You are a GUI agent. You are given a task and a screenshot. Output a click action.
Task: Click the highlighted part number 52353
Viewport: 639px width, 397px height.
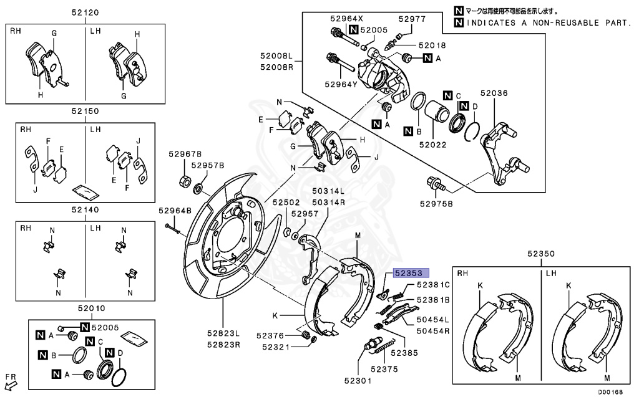[409, 273]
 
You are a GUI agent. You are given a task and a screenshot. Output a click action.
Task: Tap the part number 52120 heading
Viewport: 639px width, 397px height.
[85, 12]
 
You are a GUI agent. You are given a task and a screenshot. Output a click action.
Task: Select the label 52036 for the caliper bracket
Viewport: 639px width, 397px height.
[494, 93]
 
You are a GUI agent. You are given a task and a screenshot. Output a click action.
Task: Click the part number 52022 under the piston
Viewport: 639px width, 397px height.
[433, 145]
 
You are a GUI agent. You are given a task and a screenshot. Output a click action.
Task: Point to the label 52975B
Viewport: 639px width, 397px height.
[436, 204]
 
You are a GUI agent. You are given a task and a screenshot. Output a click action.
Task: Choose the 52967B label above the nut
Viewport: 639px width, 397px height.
[185, 154]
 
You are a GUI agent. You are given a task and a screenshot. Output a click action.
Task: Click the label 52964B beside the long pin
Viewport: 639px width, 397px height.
[175, 211]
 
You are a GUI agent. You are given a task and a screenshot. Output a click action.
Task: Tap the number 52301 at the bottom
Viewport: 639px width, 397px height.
[358, 381]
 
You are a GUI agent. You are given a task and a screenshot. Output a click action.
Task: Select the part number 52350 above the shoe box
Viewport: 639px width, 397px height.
[541, 254]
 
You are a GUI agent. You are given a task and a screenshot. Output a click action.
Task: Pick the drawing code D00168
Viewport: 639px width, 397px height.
[610, 393]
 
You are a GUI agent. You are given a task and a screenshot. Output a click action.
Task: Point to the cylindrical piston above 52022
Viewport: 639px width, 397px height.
[437, 110]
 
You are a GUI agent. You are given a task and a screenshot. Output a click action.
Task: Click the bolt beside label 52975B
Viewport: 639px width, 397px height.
[435, 183]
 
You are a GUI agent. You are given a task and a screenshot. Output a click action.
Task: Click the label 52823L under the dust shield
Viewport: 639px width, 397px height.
[223, 333]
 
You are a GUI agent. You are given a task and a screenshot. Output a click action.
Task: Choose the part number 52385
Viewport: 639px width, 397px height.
[404, 353]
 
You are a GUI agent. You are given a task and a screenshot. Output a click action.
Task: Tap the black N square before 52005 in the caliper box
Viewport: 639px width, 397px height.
[354, 30]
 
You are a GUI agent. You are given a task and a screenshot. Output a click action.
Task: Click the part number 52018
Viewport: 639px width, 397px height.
[432, 45]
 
